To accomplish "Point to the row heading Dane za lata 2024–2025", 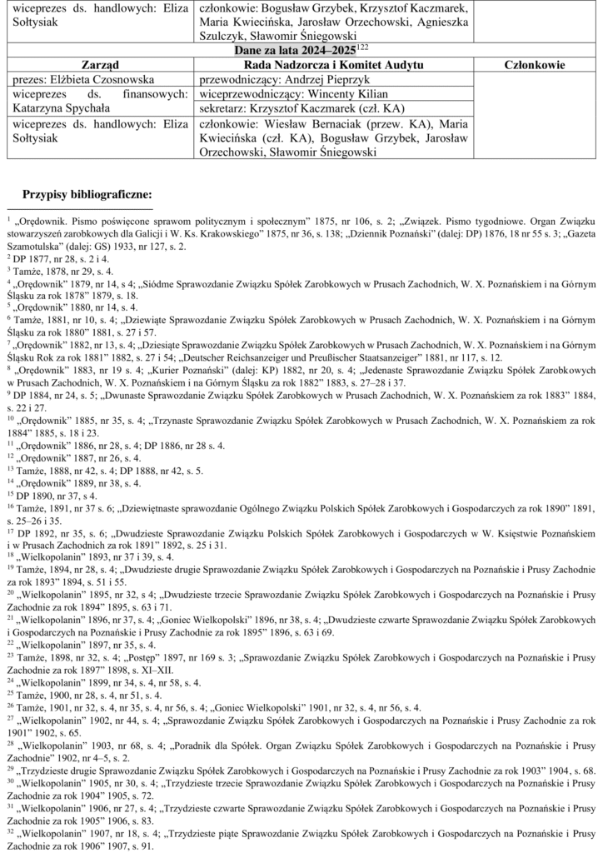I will [288, 51].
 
